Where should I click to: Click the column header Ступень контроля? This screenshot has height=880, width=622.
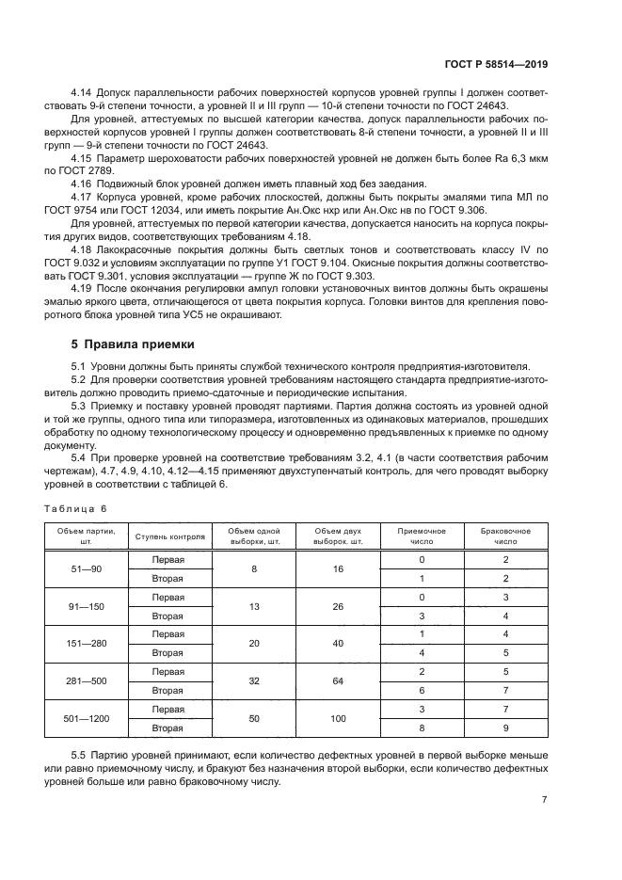pos(169,536)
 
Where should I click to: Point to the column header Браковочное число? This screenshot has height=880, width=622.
pos(505,536)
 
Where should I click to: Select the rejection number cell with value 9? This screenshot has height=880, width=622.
pos(505,727)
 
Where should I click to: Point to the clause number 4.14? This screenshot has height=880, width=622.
pos(83,94)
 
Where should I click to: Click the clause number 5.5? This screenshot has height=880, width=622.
pos(82,756)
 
